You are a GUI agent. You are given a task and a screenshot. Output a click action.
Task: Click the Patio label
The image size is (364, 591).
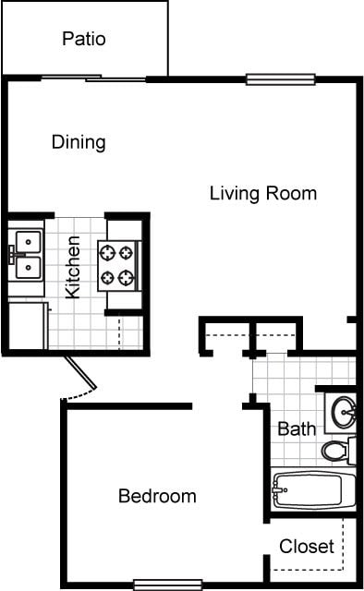pyautogui.click(x=84, y=39)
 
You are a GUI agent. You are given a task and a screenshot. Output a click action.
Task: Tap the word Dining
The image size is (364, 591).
pyautogui.click(x=79, y=142)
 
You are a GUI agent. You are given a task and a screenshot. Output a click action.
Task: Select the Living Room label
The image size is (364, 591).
pyautogui.click(x=263, y=193)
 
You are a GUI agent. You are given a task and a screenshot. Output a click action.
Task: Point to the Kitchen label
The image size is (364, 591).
pyautogui.click(x=73, y=267)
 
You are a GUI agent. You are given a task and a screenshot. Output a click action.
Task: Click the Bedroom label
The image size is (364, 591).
pyautogui.click(x=157, y=496)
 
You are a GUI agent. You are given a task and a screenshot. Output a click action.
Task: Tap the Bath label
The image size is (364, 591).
pyautogui.click(x=297, y=428)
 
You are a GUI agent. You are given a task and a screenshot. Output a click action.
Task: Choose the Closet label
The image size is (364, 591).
pyautogui.click(x=307, y=546)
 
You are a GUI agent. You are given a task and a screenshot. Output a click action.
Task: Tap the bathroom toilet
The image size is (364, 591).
pyautogui.click(x=338, y=451)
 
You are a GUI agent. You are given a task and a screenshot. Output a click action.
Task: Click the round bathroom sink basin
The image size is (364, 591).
pyautogui.click(x=344, y=412)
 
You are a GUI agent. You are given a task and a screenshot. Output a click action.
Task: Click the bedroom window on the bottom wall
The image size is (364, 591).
pyautogui.click(x=168, y=585)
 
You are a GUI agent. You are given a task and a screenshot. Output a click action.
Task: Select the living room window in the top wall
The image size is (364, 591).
pyautogui.click(x=280, y=79)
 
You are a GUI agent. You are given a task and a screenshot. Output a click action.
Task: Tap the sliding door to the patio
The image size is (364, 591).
pyautogui.click(x=93, y=78)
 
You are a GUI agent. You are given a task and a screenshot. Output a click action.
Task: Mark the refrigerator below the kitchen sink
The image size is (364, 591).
pyautogui.click(x=28, y=325)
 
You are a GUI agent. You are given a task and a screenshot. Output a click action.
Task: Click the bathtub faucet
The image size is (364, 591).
pyautogui.click(x=279, y=489)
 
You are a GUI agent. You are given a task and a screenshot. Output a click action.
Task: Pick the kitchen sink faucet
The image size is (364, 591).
pyautogui.click(x=12, y=255)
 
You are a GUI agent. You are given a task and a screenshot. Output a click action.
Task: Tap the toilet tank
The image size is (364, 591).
pyautogui.click(x=352, y=451)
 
